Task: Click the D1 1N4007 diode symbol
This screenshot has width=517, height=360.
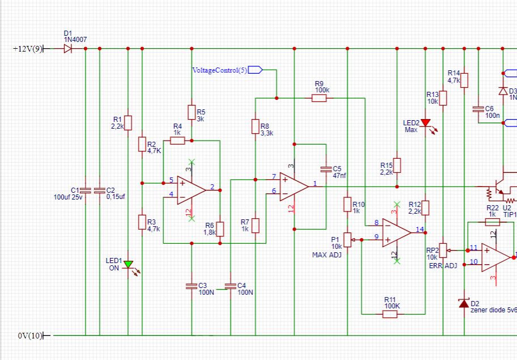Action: click(67, 49)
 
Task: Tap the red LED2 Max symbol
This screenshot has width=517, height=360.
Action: click(425, 122)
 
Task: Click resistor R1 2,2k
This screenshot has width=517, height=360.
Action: click(128, 122)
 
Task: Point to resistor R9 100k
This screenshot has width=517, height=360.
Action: click(319, 98)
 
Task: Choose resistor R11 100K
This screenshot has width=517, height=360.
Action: click(389, 314)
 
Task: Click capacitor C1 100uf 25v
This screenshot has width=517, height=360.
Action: click(85, 190)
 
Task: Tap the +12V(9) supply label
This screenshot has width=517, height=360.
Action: click(27, 49)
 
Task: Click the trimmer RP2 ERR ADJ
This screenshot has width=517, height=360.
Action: click(443, 248)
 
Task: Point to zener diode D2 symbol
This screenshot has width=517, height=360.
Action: click(464, 304)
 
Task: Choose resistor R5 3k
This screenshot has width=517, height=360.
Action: click(192, 112)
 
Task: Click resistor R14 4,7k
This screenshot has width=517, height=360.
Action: click(464, 80)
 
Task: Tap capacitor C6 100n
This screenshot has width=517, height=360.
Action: click(478, 108)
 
